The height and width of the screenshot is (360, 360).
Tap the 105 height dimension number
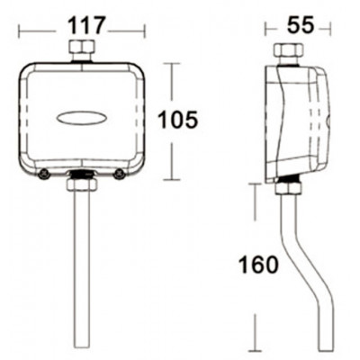177,120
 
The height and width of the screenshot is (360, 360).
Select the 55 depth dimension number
300,25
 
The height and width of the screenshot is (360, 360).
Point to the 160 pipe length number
258,265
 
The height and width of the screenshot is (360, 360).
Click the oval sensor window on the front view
82,118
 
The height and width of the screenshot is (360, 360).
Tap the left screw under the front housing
44,174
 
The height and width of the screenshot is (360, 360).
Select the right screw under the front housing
120,174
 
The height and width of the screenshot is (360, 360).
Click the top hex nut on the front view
82,47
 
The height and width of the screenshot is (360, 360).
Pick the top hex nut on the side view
289,51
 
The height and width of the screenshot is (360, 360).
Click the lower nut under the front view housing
83,184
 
